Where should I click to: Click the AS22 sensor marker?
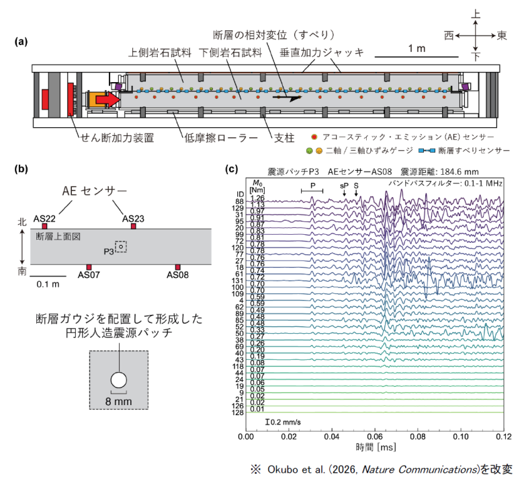(44, 226)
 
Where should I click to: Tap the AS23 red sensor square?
(133, 226)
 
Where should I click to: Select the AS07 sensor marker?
(89, 267)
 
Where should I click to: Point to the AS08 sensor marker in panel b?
(177, 267)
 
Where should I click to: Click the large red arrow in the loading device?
(106, 100)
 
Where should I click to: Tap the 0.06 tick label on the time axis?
(376, 436)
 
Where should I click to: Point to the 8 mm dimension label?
(119, 402)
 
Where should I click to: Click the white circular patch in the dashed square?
(119, 380)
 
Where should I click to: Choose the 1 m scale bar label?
(417, 48)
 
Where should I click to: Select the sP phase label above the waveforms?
(344, 185)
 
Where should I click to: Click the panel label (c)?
(232, 168)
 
